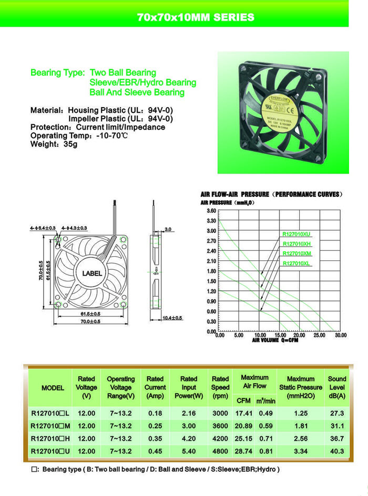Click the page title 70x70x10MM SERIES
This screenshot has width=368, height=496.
tap(196, 17)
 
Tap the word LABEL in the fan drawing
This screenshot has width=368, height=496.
tap(93, 273)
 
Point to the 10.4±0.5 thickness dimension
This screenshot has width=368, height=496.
tap(172, 318)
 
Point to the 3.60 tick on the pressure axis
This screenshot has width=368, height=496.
tap(211, 210)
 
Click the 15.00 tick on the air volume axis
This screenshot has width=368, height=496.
tap(280, 335)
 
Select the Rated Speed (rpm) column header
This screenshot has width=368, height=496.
tap(220, 387)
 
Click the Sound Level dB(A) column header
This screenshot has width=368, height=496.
tap(337, 387)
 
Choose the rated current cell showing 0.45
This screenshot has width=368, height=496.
tap(155, 451)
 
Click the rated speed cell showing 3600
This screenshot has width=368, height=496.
tap(220, 426)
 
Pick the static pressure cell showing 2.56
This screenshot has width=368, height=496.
tap(301, 438)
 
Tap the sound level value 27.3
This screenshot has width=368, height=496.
tap(337, 413)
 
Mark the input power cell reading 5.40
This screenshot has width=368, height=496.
tap(189, 451)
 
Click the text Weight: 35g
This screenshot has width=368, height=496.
tap(54, 144)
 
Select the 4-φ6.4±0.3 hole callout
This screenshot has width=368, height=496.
tap(43, 228)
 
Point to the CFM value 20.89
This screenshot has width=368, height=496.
tap(243, 426)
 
